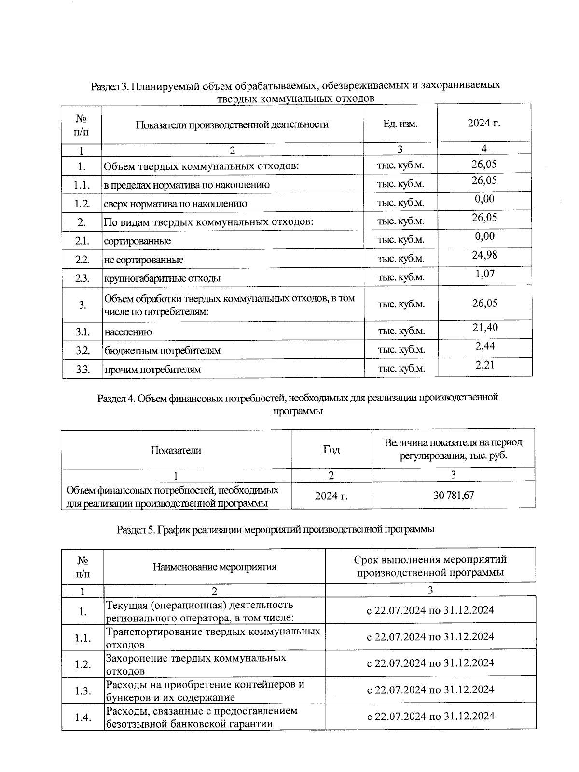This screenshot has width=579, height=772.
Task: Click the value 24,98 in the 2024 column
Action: coord(484,255)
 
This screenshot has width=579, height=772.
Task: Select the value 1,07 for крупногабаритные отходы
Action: coord(484,274)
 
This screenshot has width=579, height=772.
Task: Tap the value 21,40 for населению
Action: coord(484,328)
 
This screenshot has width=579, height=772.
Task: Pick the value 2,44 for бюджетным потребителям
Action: coord(484,346)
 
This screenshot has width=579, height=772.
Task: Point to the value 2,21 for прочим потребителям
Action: coord(484,365)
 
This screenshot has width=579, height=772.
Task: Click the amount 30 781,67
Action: coord(454,495)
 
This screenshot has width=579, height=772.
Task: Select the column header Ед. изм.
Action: coord(400,124)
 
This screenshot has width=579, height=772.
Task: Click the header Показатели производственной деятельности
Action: coord(232,124)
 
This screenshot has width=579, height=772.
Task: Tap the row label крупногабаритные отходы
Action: coord(163,278)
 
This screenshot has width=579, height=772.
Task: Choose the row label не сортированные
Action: coord(144,260)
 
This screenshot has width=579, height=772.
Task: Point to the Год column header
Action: coord(331,450)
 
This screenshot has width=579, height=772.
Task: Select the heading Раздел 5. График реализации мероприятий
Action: coord(276,529)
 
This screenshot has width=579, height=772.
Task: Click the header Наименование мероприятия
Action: coord(214,567)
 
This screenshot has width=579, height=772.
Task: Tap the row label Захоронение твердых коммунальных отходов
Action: coord(196,664)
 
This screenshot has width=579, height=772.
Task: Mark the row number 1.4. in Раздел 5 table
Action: coord(83,717)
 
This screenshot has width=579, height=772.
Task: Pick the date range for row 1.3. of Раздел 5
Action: coord(430,689)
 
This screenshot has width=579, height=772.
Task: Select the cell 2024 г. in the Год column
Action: coord(331,496)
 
